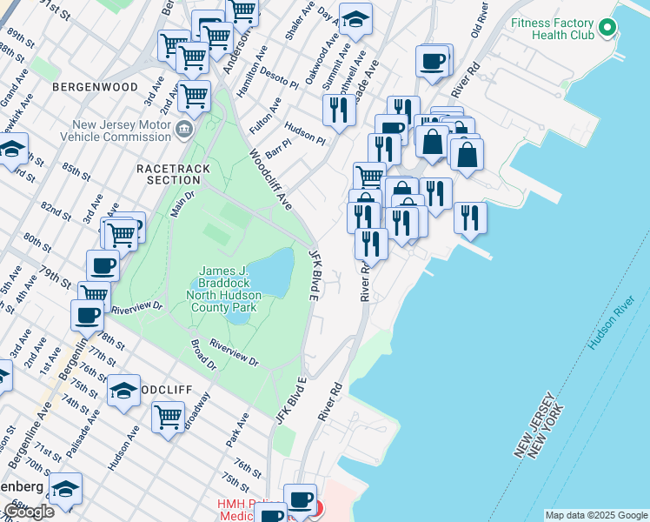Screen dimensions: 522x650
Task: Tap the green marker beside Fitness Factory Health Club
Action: pos(608,29)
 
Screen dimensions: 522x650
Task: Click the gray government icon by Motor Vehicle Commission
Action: pos(184,130)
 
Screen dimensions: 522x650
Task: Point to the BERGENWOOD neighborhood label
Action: pos(95,88)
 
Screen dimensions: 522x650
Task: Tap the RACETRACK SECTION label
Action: pos(168,172)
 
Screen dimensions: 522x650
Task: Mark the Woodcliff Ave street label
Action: pos(270,178)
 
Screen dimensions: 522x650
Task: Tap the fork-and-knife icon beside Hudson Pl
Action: pos(336,110)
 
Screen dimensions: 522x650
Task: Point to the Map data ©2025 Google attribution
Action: pos(596,515)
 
